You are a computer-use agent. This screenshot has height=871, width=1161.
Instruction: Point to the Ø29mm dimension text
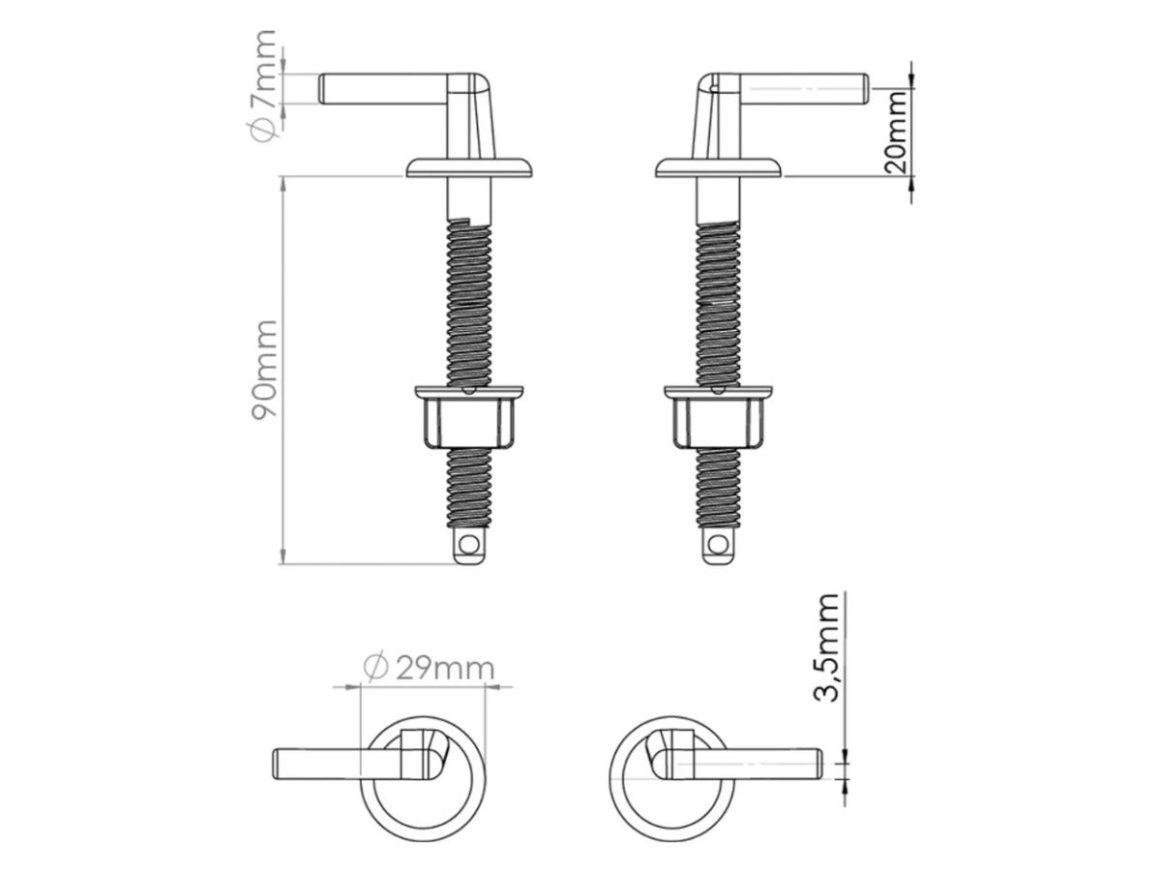429,668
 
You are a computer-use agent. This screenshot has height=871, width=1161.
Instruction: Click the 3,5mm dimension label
825,647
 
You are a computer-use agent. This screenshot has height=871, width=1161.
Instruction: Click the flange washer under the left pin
469,167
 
